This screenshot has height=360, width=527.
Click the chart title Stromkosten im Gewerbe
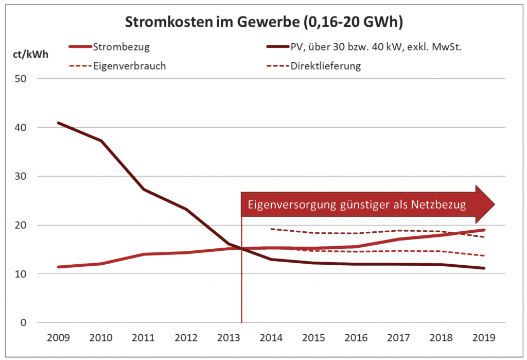click(x=263, y=23)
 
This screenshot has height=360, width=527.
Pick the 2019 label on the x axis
click(x=484, y=338)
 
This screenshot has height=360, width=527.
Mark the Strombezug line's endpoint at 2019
click(x=484, y=230)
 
